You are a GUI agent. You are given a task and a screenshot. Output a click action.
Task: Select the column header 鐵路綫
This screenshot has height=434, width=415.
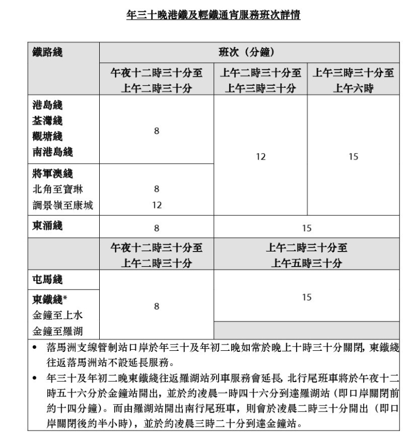click(x=47, y=52)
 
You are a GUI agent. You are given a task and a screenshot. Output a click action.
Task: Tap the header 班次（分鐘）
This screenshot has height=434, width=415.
click(x=249, y=52)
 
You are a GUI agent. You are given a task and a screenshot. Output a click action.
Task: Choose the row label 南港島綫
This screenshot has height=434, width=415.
click(x=51, y=152)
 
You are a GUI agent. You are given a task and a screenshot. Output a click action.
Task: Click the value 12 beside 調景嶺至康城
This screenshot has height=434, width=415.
click(x=156, y=205)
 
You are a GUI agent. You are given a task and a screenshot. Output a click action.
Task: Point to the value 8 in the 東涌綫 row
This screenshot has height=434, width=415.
click(x=156, y=227)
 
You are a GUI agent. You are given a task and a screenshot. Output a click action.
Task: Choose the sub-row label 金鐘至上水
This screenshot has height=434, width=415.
click(x=55, y=314)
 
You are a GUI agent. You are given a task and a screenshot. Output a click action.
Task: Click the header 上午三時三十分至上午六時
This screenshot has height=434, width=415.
click(x=353, y=80)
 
